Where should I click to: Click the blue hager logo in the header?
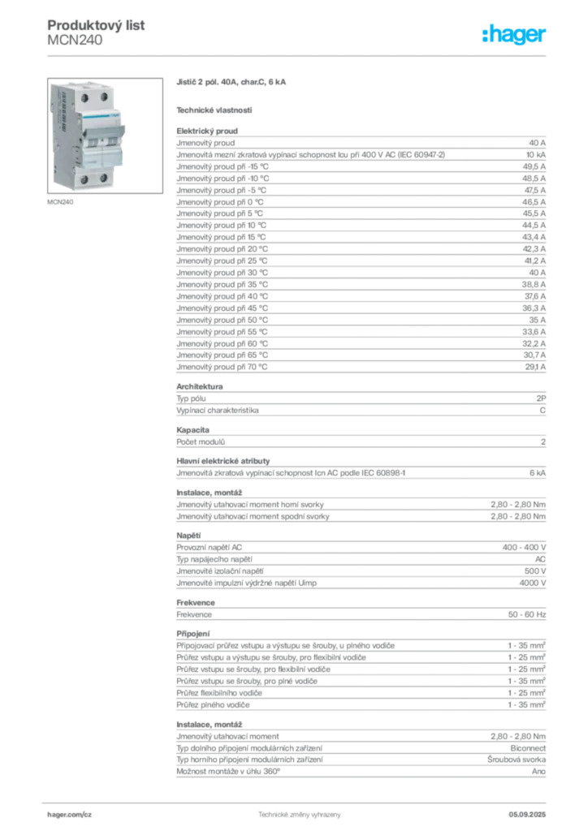[x=515, y=36]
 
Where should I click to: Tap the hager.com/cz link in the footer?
[x=71, y=812]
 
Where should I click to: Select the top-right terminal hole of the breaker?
[x=104, y=96]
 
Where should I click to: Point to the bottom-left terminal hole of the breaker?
[x=84, y=179]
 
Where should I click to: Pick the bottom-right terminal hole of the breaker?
[x=103, y=177]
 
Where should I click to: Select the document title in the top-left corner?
[x=97, y=25]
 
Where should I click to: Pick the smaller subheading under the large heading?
[x=214, y=110]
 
